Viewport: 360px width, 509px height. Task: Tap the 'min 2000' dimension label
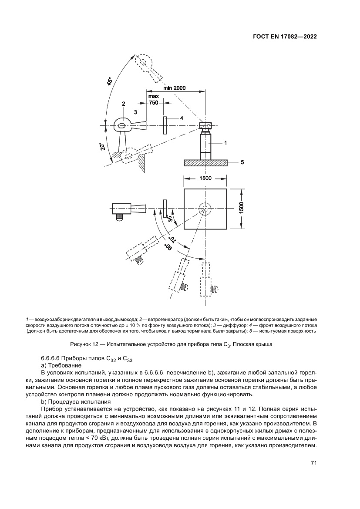[175, 88]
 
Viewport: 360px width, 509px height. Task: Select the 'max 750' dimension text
[154, 99]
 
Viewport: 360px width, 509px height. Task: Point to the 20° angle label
[101, 147]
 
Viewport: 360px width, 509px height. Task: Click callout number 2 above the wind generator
[124, 104]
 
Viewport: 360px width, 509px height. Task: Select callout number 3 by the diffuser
[135, 112]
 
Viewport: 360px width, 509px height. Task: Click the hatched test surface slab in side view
[205, 162]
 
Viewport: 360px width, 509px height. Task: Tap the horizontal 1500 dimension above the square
[205, 178]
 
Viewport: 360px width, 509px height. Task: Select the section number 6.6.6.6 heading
[53, 358]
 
